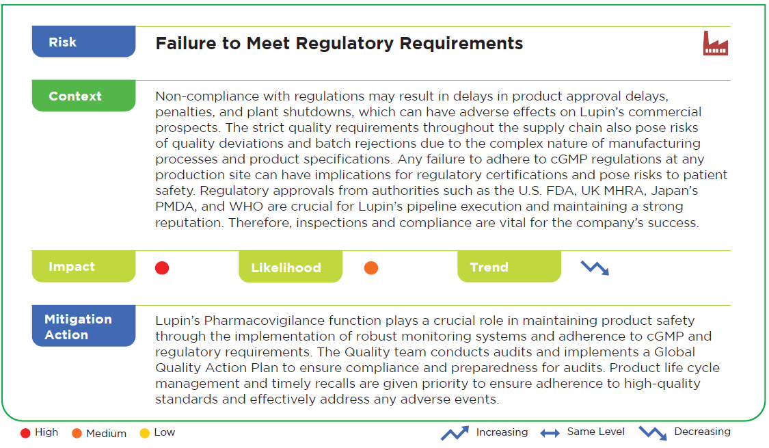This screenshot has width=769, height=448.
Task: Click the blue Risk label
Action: click(83, 42)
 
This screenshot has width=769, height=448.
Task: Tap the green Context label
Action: click(83, 96)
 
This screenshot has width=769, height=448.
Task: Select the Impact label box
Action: click(83, 267)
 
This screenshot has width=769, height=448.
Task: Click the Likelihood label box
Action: click(291, 267)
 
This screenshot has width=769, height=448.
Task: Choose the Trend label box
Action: click(509, 267)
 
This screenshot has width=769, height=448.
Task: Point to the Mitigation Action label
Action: click(83, 326)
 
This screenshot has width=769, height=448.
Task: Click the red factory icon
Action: click(716, 43)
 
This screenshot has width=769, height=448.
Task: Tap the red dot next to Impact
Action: click(162, 268)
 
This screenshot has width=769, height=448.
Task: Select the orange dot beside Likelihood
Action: click(371, 268)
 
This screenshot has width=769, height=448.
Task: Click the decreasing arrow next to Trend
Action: click(595, 268)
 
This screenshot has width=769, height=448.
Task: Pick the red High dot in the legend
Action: click(25, 433)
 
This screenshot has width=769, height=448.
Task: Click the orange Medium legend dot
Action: click(77, 433)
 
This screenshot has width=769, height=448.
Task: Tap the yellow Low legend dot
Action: click(145, 433)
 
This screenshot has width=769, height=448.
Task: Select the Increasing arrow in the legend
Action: click(455, 433)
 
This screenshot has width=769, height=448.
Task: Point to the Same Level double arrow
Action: click(550, 433)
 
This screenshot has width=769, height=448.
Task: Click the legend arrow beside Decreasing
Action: click(653, 433)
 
